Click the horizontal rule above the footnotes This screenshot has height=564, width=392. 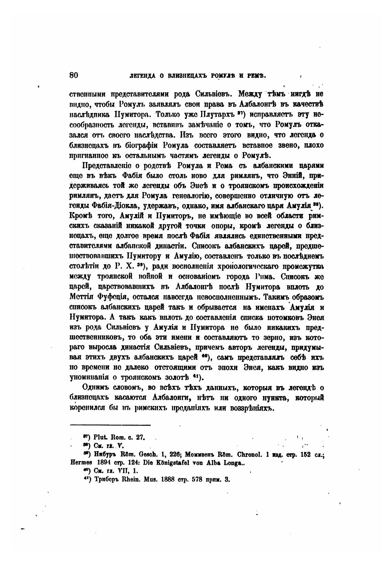[110, 425]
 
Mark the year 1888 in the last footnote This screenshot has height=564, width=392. [164, 479]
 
